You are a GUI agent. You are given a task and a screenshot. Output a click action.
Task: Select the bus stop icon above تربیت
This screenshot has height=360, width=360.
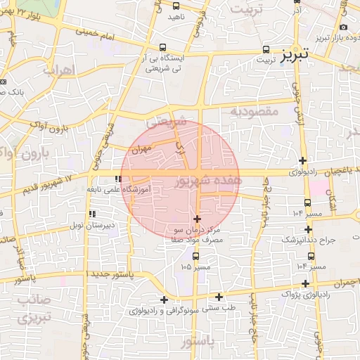pos(265,49)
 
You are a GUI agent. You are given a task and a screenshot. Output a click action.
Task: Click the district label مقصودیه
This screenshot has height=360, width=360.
pos(255,110)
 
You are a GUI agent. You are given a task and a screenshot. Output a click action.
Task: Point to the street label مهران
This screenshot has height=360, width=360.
pos(141,150)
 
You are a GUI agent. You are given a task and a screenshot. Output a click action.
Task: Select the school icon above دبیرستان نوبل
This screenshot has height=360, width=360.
pos(91,214)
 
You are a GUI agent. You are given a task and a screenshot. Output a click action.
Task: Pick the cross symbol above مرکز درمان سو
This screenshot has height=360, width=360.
pos(196,219)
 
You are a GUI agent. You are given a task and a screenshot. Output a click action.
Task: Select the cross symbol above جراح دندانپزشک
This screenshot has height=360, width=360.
pos(308,229)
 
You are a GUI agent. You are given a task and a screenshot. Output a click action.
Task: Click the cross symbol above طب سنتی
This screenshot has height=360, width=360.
pos(219,297)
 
